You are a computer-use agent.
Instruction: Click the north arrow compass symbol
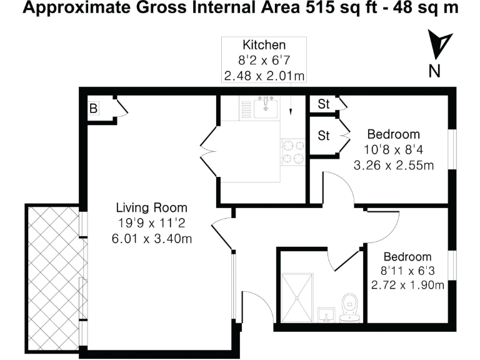click(x=440, y=44)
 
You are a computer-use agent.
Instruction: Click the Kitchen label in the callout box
click(x=264, y=45)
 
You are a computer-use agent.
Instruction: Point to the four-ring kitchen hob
click(x=292, y=151)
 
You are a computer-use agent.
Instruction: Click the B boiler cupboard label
click(x=93, y=109)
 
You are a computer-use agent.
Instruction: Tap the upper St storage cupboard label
click(x=324, y=104)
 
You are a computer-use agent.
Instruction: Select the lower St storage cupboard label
click(x=324, y=136)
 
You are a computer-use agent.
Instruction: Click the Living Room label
click(x=151, y=207)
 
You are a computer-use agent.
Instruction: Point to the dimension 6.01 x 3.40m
click(x=151, y=238)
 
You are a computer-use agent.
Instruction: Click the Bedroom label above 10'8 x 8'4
click(x=393, y=134)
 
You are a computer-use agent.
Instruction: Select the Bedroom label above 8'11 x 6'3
click(x=407, y=257)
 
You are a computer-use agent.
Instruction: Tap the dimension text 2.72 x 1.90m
click(x=407, y=286)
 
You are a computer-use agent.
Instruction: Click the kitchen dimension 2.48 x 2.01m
click(x=264, y=76)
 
